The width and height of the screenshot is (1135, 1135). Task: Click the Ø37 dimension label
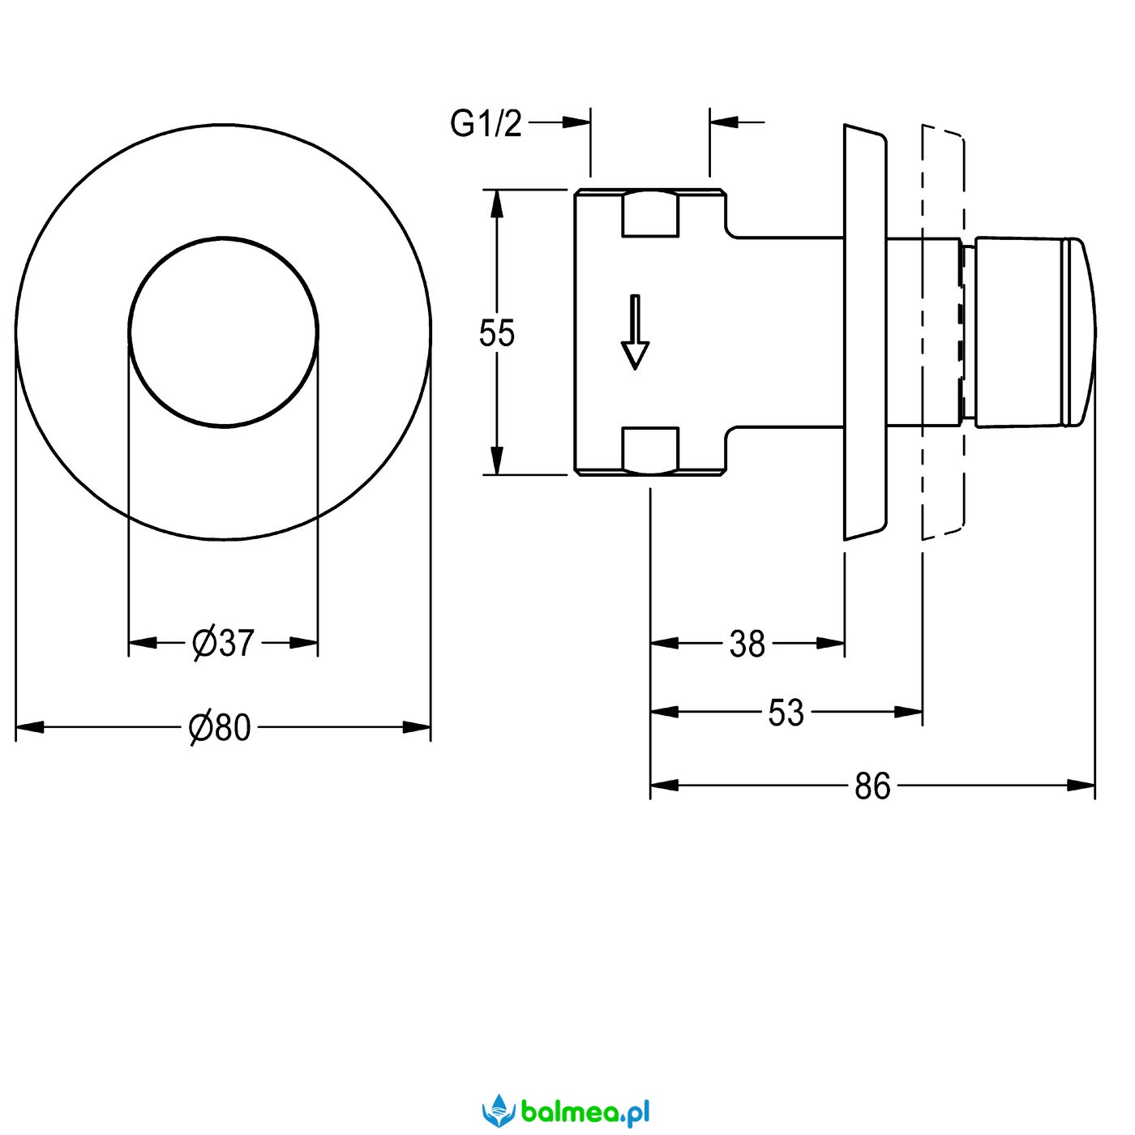pyautogui.click(x=223, y=643)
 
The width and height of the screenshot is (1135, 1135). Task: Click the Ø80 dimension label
pyautogui.click(x=221, y=727)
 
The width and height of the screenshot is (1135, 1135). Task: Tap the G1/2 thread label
pyautogui.click(x=486, y=124)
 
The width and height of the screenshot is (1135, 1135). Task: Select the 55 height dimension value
pyautogui.click(x=496, y=333)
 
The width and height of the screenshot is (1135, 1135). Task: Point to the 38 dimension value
pyautogui.click(x=747, y=645)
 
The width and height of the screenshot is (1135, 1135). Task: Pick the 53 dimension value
pyautogui.click(x=785, y=713)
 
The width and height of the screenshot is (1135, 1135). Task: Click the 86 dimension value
pyautogui.click(x=872, y=786)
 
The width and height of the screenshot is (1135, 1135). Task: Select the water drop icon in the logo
pyautogui.click(x=500, y=1110)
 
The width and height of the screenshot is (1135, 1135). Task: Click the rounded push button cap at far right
pyautogui.click(x=1078, y=332)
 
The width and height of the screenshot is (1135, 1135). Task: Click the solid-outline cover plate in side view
pyautogui.click(x=864, y=332)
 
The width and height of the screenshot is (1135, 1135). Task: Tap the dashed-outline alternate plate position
pyautogui.click(x=943, y=332)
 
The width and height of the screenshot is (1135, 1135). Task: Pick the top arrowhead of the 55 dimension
pyautogui.click(x=497, y=203)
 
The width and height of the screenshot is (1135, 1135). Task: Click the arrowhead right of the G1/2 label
pyautogui.click(x=576, y=122)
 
